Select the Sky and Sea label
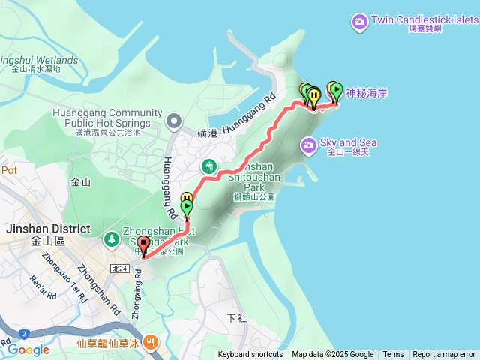(x=348, y=142)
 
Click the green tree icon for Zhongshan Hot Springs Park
(x=111, y=238)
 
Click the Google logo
(x=28, y=349)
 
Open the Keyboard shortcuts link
(x=250, y=355)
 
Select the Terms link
(x=393, y=355)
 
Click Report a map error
(x=444, y=355)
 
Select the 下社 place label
(x=236, y=318)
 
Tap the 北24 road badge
(x=118, y=268)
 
